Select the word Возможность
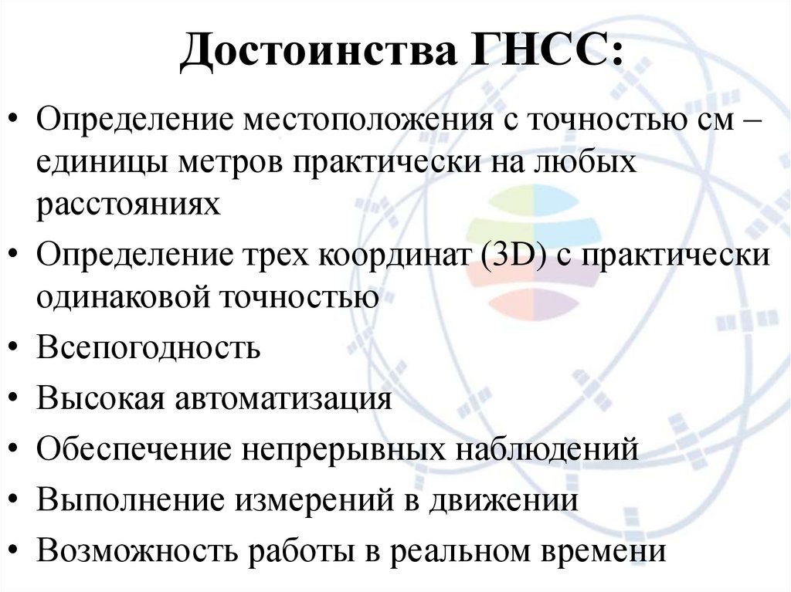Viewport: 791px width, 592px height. (139, 551)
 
